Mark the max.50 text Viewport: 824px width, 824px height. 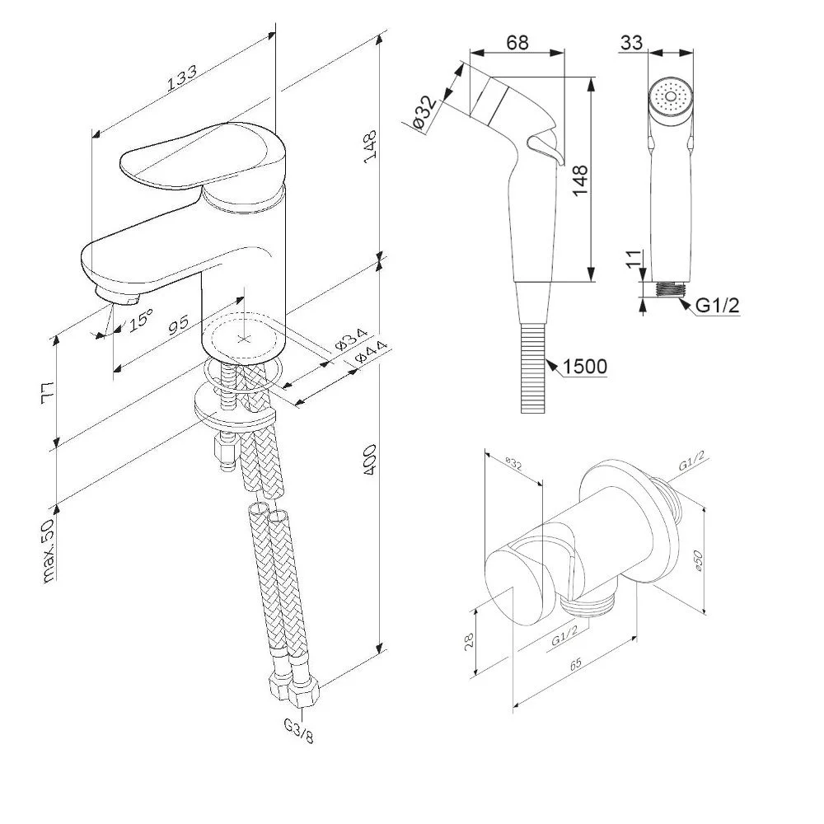pyautogui.click(x=49, y=551)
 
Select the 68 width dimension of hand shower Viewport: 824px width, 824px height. pyautogui.click(x=517, y=42)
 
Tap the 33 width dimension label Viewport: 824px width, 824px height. pyautogui.click(x=632, y=42)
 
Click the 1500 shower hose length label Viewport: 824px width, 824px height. pyautogui.click(x=585, y=366)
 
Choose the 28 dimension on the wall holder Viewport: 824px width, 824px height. pyautogui.click(x=469, y=640)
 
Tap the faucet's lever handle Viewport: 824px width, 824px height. pyautogui.click(x=190, y=157)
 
